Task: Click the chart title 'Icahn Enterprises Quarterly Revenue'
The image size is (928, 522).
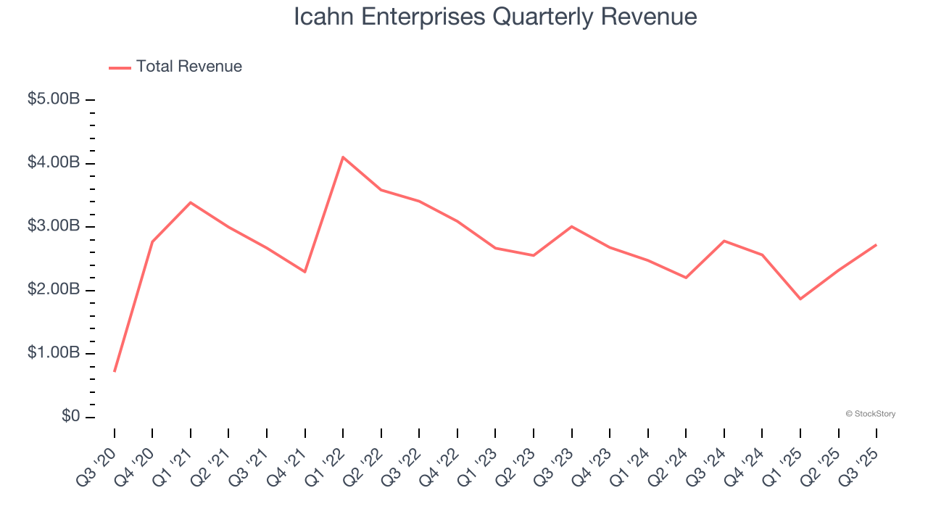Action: coord(495,17)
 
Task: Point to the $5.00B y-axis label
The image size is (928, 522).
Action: coord(53,99)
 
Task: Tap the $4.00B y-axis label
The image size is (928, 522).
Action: coord(53,162)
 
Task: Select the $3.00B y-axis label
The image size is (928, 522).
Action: coord(53,226)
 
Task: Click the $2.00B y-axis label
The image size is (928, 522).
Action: coord(53,290)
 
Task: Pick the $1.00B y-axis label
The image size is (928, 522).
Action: coord(53,353)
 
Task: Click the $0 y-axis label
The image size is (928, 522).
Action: coord(70,417)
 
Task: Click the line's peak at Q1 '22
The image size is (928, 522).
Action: coord(343,157)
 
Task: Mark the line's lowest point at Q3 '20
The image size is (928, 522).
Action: coord(115,371)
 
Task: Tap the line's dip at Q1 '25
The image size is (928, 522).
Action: coord(800,299)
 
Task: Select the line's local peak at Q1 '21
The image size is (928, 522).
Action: coord(191,202)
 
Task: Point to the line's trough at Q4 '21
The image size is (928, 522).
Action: coord(304,272)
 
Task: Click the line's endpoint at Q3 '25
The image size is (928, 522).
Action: coord(876,245)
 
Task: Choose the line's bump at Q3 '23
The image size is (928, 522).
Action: coord(571,226)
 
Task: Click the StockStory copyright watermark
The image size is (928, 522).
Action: coord(870,414)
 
